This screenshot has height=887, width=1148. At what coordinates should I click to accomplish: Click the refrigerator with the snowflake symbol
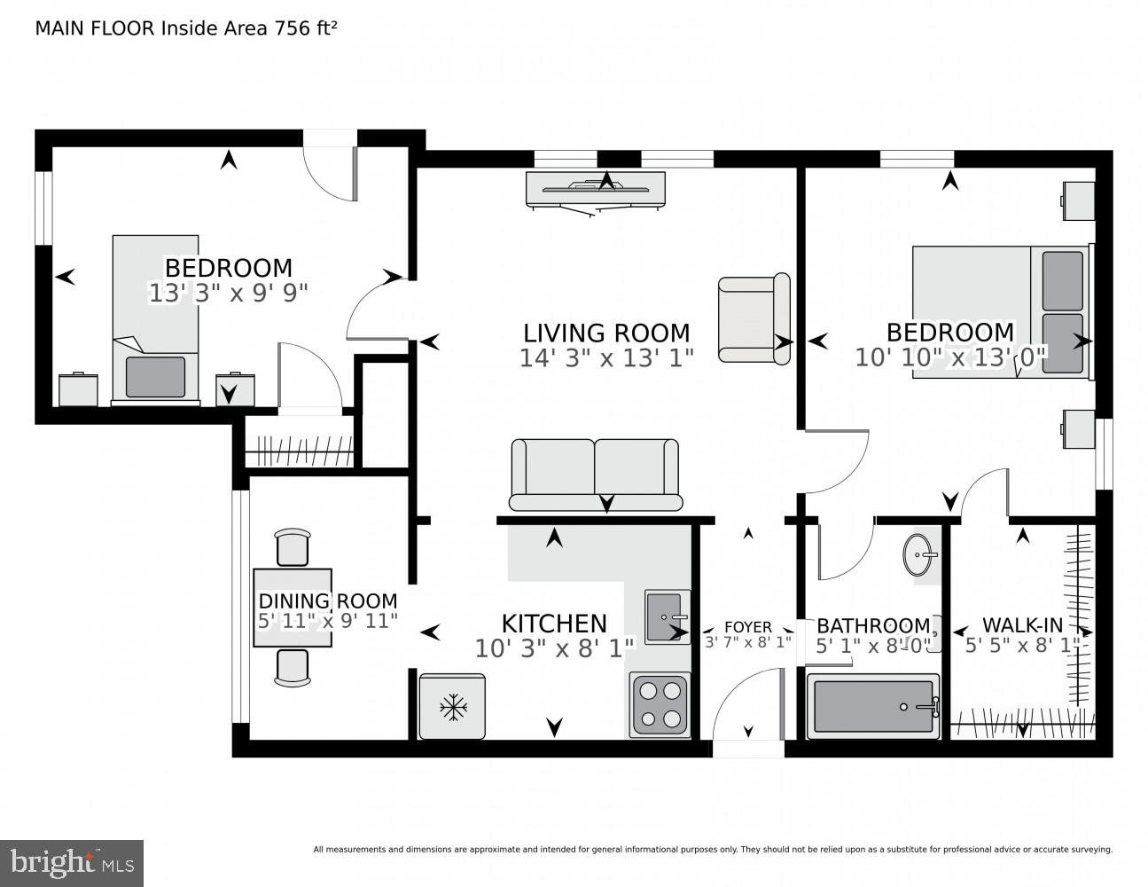pos(452,706)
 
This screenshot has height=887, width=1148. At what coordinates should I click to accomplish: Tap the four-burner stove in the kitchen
pos(660,705)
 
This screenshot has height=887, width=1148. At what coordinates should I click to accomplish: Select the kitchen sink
pos(668,616)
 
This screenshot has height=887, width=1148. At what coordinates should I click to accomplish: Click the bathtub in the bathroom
pos(872,707)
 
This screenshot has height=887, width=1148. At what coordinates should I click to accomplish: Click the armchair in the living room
pos(754,318)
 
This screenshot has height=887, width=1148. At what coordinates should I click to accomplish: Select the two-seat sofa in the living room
pos(595,475)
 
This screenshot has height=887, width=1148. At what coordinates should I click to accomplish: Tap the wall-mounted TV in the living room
pos(595,189)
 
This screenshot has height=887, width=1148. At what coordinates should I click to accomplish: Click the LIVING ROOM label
pos(606,334)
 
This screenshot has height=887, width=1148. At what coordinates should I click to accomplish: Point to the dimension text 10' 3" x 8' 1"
pos(554,648)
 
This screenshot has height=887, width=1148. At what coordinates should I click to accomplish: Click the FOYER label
pos(748,627)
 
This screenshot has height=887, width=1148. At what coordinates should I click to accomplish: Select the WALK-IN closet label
pos(1022,624)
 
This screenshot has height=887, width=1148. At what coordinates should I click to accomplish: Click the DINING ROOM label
pos(327,601)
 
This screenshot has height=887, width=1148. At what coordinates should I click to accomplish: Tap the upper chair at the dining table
pos(293,546)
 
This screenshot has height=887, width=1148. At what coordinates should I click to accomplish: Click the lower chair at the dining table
pos(293,668)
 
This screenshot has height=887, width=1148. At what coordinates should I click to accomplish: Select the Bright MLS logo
pos(71,861)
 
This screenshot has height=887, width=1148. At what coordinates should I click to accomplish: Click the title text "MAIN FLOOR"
pos(95,27)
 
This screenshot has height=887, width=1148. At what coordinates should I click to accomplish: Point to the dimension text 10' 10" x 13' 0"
pos(950,357)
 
